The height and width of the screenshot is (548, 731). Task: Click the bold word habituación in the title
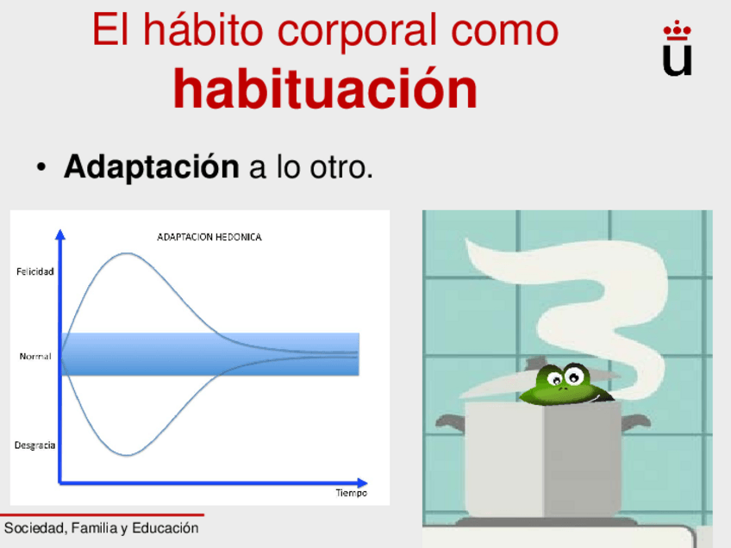(x=325, y=88)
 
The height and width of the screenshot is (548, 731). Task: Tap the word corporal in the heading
(x=358, y=31)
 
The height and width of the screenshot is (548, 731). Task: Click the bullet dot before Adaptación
(x=41, y=167)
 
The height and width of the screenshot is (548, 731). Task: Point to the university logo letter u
(x=677, y=59)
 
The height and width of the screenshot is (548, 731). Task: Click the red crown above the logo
(x=678, y=30)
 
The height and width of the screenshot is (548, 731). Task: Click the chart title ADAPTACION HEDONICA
(x=209, y=237)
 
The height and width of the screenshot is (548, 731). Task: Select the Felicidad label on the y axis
(x=35, y=271)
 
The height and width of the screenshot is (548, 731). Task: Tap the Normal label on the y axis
(x=35, y=357)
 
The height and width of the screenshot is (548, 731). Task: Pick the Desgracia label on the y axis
(x=35, y=445)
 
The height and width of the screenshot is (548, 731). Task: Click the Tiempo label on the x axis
(x=352, y=493)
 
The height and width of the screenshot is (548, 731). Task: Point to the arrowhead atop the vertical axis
(x=60, y=234)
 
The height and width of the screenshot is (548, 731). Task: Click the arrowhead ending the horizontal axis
(x=362, y=483)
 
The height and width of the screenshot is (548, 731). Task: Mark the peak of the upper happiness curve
(x=127, y=253)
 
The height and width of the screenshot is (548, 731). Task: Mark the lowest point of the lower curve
(x=127, y=455)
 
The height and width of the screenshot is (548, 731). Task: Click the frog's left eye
(x=555, y=379)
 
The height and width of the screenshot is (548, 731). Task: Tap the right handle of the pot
(x=635, y=421)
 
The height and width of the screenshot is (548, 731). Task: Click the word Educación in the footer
(x=166, y=528)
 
